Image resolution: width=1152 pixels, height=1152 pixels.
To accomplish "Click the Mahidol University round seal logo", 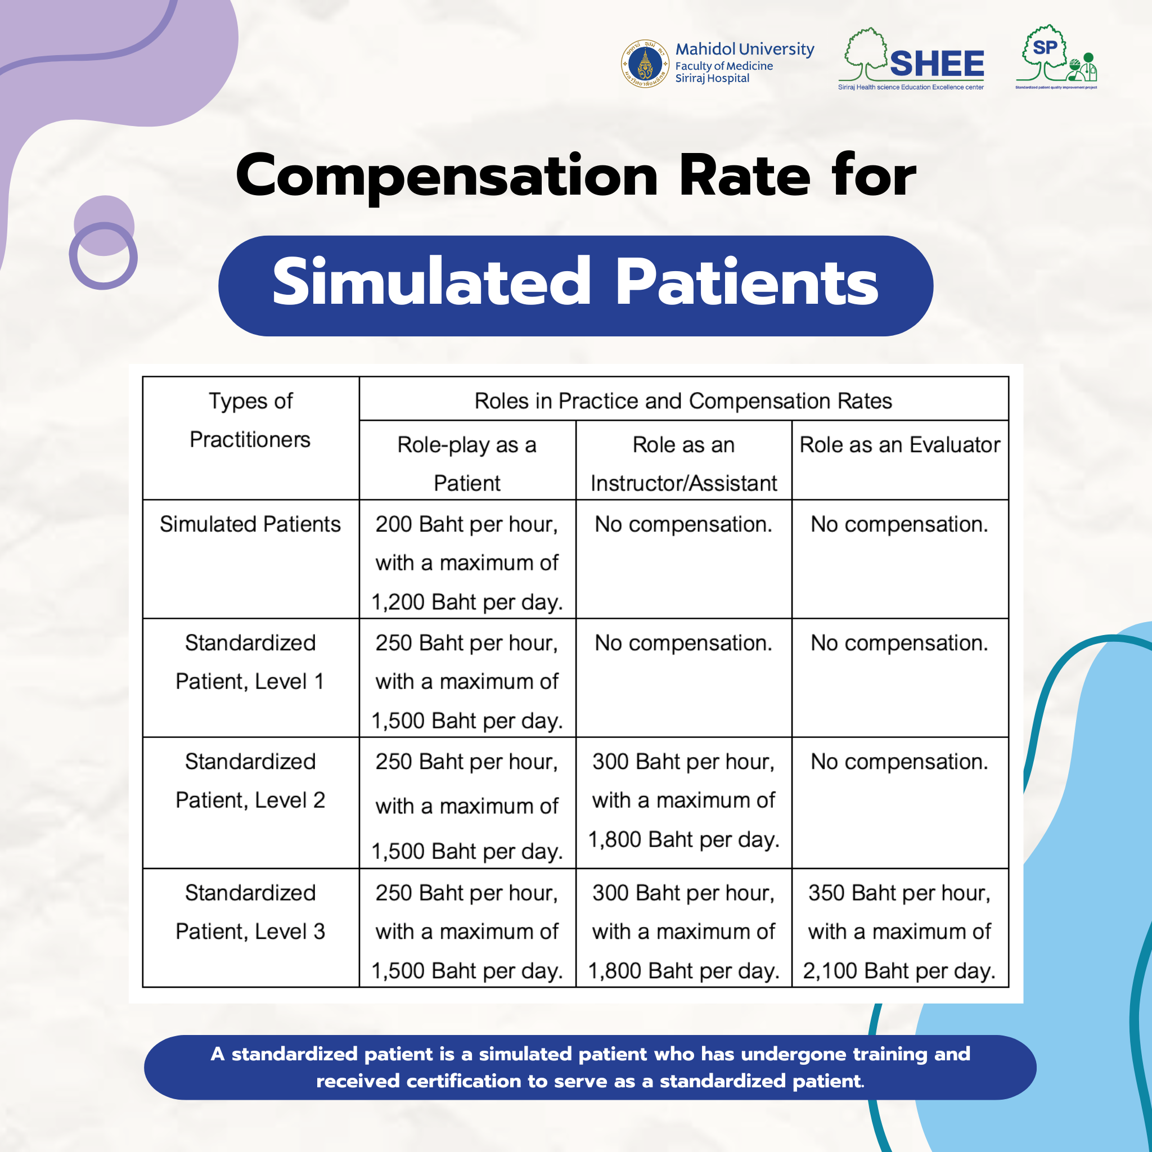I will coord(645,64).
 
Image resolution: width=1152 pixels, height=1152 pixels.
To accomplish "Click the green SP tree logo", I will coord(1055,57).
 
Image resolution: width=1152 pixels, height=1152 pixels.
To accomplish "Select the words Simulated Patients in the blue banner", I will coord(575,282).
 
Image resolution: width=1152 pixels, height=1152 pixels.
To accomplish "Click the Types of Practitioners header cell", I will coord(250,420).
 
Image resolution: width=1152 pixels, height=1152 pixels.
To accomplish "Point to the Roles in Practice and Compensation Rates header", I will coord(683,401).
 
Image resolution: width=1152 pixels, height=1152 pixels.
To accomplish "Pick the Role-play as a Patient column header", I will coord(467,463).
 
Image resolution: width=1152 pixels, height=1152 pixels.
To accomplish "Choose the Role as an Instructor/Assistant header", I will coord(683,463).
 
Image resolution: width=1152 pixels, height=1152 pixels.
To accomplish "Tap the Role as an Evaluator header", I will coord(899,445).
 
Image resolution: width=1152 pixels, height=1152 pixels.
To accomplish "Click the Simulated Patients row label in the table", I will coord(250,524).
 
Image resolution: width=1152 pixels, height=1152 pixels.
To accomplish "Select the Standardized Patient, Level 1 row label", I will coord(250,662).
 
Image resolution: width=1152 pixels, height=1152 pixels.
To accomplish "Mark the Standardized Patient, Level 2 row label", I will coord(250,781).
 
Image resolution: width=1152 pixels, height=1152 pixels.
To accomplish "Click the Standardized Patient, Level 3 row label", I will coord(250,912).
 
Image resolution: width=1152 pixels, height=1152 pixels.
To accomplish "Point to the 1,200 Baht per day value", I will coord(467,602).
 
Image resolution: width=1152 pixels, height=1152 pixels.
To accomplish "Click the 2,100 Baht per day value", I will coord(899,971).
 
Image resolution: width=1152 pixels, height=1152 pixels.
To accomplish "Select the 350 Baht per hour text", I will coord(899,893).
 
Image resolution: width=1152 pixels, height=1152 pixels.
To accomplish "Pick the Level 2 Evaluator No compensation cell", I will coord(899,762).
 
